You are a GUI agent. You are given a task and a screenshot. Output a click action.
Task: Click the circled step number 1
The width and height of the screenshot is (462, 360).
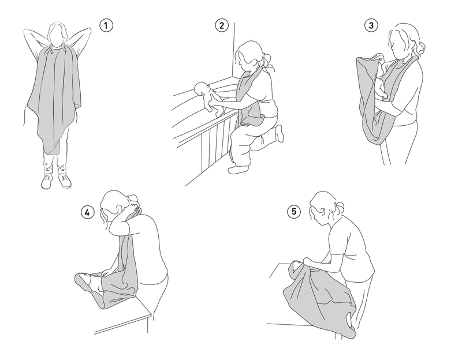point(106,25)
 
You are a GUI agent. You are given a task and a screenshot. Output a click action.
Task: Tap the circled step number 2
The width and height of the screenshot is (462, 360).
point(222,25)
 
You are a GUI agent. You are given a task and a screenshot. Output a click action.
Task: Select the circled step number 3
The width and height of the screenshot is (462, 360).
point(371,25)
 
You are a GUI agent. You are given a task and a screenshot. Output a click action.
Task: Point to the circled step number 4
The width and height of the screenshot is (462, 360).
point(88,212)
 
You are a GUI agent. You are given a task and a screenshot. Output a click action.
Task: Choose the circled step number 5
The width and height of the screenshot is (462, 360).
point(294,212)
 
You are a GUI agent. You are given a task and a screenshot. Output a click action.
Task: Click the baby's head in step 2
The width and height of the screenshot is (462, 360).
point(201,88)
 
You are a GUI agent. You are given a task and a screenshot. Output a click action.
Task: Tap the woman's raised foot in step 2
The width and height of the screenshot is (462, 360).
point(280,133)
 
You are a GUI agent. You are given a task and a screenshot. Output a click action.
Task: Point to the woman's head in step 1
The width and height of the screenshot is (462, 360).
point(57,35)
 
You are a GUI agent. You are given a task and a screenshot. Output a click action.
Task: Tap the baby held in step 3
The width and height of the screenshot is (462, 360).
point(381,82)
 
